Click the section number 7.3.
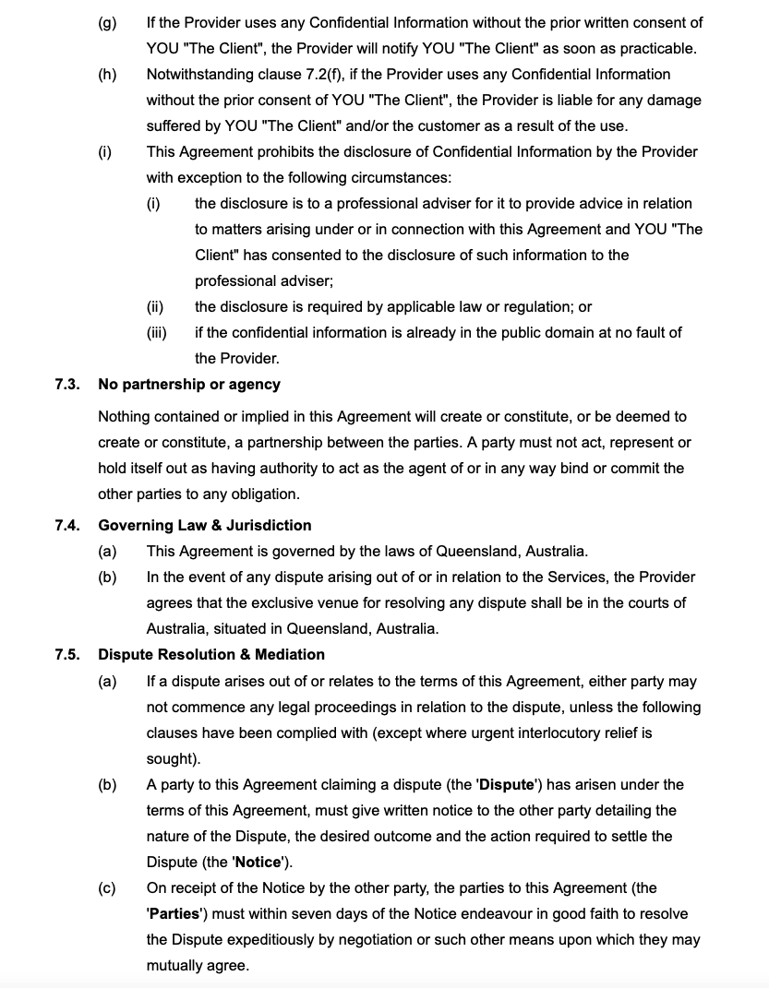66,384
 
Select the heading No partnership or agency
189,384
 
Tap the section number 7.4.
66,525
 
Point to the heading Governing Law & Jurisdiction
205,525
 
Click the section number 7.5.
66,654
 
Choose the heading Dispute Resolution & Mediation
211,654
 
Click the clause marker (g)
107,22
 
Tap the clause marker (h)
107,74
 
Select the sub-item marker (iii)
156,332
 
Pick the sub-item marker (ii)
155,306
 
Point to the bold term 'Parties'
173,914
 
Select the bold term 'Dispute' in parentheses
506,785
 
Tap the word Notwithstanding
197,74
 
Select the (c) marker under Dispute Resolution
107,888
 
